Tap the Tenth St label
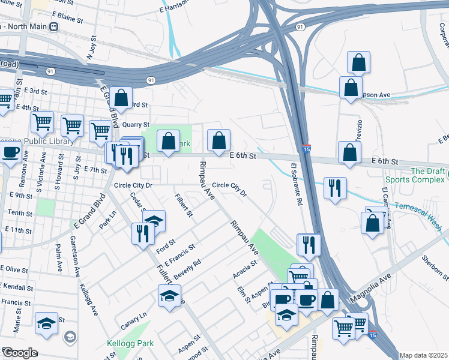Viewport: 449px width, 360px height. coord(20,213)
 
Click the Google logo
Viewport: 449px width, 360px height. coord(20,353)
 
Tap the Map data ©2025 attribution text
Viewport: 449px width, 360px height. coord(423,355)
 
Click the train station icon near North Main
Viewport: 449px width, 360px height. coord(54,27)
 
